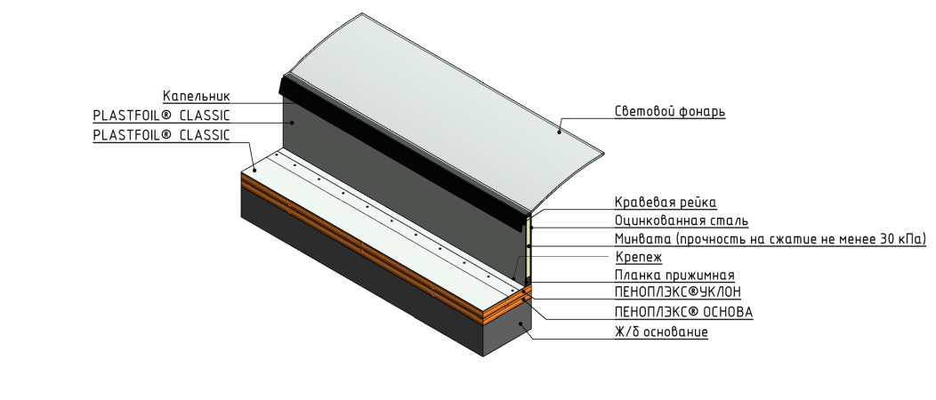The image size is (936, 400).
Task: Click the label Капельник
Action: tap(196, 96)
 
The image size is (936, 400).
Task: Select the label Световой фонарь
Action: tap(670, 112)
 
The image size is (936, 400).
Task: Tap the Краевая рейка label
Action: tap(665, 203)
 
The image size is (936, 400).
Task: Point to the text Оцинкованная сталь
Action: tap(681, 220)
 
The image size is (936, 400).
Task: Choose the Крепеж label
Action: tap(638, 258)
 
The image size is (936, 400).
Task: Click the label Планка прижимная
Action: tap(674, 276)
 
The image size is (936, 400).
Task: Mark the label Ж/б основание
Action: tap(661, 332)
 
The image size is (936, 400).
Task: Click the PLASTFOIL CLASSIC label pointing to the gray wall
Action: tap(161, 116)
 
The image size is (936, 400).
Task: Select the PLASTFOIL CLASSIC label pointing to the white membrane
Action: tap(161, 136)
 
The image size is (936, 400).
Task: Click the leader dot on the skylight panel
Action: tap(559, 131)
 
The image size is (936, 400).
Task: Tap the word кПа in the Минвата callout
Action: tap(912, 239)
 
